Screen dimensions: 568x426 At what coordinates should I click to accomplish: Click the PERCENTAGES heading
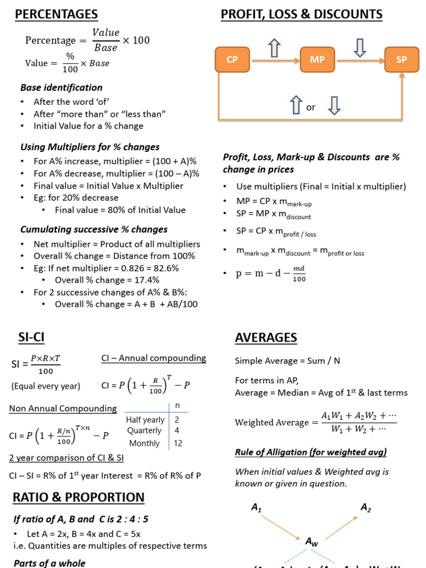pos(56,14)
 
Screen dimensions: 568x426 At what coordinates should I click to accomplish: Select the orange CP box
pos(232,59)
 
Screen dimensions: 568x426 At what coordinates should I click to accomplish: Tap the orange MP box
pos(317,59)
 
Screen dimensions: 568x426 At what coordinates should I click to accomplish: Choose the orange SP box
pos(402,59)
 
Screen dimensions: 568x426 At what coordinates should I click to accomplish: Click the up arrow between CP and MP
pos(275,48)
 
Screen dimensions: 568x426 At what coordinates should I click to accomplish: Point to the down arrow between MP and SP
pos(360,48)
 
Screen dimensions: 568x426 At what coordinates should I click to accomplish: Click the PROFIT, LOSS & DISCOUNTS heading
pos(301,14)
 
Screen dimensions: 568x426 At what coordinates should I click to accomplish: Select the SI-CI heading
pos(32,337)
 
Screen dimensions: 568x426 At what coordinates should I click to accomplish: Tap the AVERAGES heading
pos(266,337)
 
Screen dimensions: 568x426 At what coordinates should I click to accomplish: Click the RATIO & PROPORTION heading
pos(78,497)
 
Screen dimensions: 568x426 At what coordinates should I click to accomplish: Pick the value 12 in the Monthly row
pos(177,443)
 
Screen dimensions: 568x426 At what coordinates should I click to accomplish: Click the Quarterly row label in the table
pos(144,430)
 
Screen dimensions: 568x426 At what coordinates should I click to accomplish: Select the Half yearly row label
pos(145,420)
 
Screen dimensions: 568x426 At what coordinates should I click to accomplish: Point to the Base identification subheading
pos(61,87)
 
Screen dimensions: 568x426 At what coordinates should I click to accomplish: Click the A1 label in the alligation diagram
pos(256,507)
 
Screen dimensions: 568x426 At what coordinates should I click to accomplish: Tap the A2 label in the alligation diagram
pos(366,507)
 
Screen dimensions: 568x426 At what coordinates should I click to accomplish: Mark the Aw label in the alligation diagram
pos(311,541)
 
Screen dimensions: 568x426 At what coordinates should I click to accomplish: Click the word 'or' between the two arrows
pos(311,107)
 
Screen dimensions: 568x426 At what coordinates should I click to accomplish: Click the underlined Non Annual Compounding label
pos(63,408)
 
